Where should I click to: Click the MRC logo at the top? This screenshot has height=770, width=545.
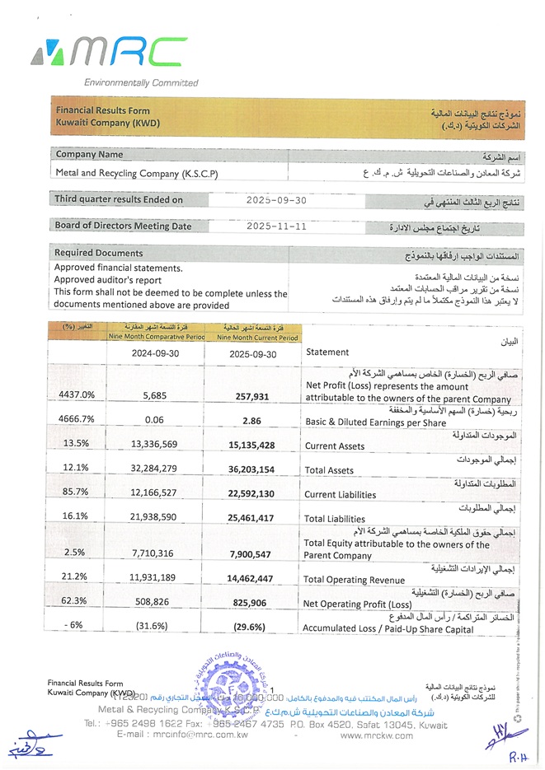click(x=109, y=54)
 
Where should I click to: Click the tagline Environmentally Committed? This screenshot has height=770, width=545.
click(x=141, y=82)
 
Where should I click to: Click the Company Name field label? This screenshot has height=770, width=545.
click(x=89, y=154)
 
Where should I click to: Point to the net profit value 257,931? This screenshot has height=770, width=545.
click(x=251, y=395)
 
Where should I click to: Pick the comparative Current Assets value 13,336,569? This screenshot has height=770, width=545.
click(x=154, y=445)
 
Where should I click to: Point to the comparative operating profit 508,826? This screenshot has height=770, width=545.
click(x=154, y=602)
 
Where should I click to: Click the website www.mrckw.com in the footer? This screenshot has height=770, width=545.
click(x=375, y=735)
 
